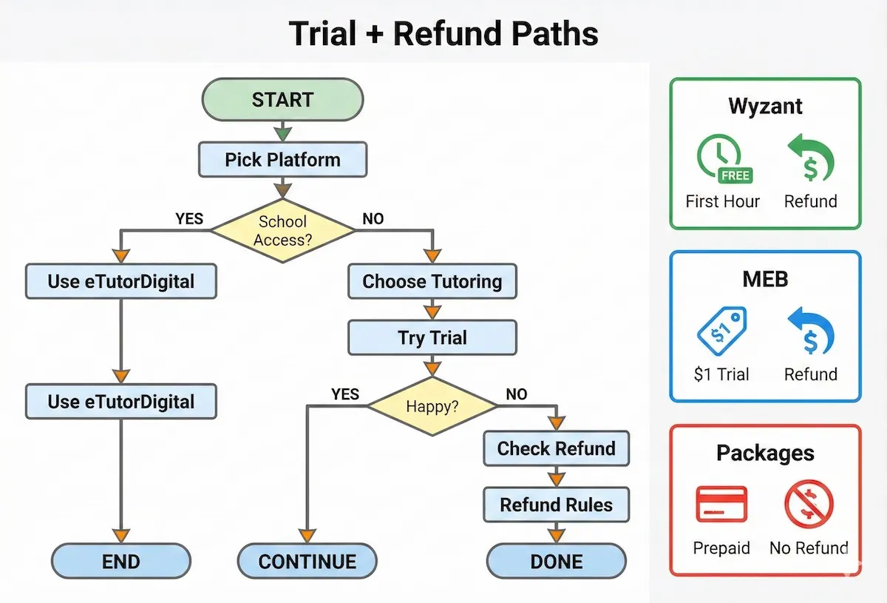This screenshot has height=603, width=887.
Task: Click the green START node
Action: click(282, 100)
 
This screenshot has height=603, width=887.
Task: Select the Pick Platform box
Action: click(282, 160)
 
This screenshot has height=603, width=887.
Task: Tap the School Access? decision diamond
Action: click(282, 231)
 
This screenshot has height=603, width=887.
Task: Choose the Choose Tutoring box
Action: click(432, 281)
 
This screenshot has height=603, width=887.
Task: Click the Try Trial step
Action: click(432, 338)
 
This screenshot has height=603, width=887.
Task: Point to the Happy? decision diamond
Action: click(432, 405)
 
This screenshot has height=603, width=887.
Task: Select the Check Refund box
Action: click(556, 448)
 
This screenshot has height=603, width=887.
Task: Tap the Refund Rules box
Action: click(556, 505)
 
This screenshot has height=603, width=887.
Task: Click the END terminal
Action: click(121, 561)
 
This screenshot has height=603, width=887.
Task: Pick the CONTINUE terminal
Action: click(307, 561)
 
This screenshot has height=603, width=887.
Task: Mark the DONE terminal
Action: click(556, 561)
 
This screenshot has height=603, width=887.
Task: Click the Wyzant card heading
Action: click(765, 106)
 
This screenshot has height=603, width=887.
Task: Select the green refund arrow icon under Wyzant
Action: click(810, 158)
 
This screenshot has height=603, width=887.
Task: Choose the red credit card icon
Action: click(721, 505)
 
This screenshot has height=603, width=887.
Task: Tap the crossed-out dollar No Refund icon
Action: click(809, 505)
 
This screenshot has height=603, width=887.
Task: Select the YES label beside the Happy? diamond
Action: click(344, 394)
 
